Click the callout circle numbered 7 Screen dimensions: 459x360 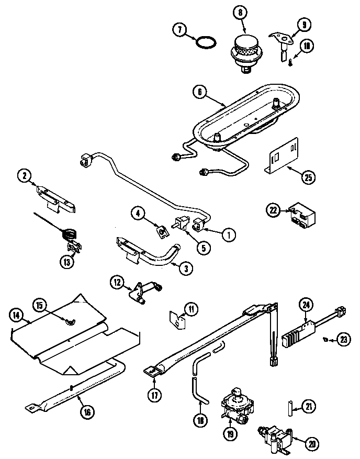click(x=180, y=30)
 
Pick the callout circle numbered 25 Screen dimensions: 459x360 click(x=309, y=177)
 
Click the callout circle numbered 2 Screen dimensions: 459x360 click(x=24, y=176)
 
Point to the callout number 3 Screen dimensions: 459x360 click(x=185, y=268)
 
